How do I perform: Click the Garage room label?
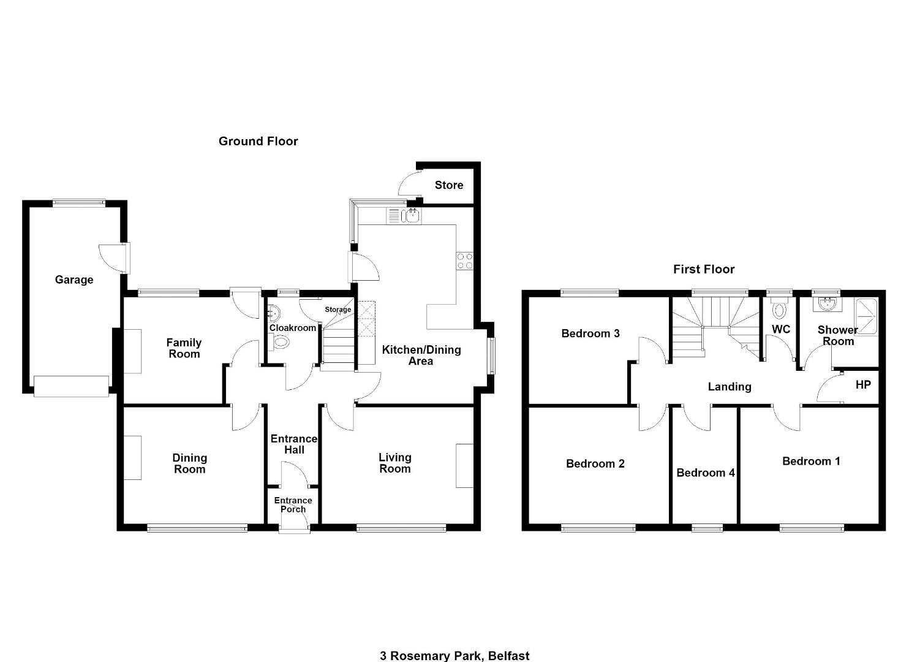click(74, 280)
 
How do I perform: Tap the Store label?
click(449, 185)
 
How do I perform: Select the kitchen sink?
click(410, 215)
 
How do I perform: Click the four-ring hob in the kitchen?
click(465, 261)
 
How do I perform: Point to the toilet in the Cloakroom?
click(281, 341)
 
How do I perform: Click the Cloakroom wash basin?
click(274, 313)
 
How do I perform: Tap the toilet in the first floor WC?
click(779, 310)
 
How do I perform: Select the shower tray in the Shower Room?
click(866, 317)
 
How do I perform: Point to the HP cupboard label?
click(863, 384)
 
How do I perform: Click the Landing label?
click(730, 387)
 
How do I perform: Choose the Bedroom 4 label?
click(706, 473)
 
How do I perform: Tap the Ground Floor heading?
click(258, 142)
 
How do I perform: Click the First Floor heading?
click(704, 269)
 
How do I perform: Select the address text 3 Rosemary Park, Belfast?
click(455, 656)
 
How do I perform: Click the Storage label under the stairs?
click(338, 310)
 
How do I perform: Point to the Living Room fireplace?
click(465, 465)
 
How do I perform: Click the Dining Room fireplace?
click(133, 458)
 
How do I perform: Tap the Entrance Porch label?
click(293, 505)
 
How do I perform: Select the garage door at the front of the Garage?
click(72, 386)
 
